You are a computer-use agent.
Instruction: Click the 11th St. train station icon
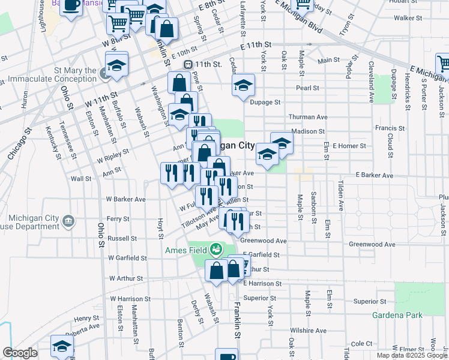point(188,64)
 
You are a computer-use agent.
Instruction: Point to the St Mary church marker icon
point(104,74)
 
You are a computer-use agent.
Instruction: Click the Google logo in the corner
point(20,353)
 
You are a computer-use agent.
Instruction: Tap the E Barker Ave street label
point(374,175)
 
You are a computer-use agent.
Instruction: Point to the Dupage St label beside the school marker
point(265,103)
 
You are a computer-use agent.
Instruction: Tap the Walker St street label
point(405,18)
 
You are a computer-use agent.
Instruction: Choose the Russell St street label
point(122,238)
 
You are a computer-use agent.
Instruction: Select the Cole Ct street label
point(362,343)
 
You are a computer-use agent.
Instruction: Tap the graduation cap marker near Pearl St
point(243,85)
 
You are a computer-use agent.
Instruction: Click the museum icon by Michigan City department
point(68,222)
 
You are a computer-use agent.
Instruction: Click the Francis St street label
point(390,128)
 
